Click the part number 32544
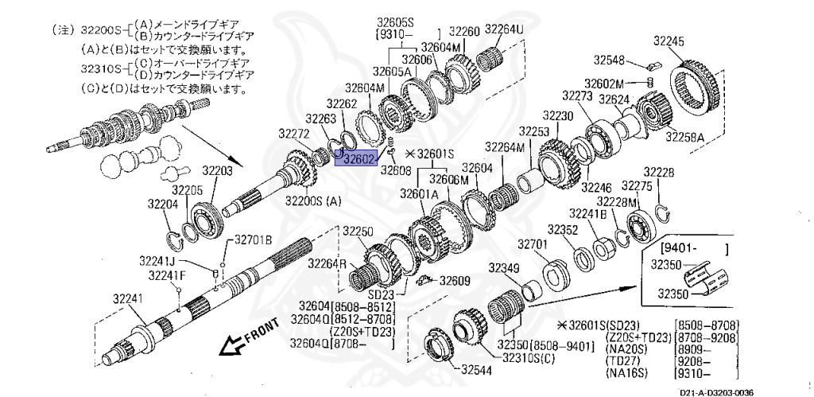click(x=477, y=369)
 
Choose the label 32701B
click(x=253, y=239)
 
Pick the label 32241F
click(x=167, y=275)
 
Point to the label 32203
click(x=216, y=169)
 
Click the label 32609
click(x=455, y=280)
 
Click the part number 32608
click(x=395, y=169)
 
